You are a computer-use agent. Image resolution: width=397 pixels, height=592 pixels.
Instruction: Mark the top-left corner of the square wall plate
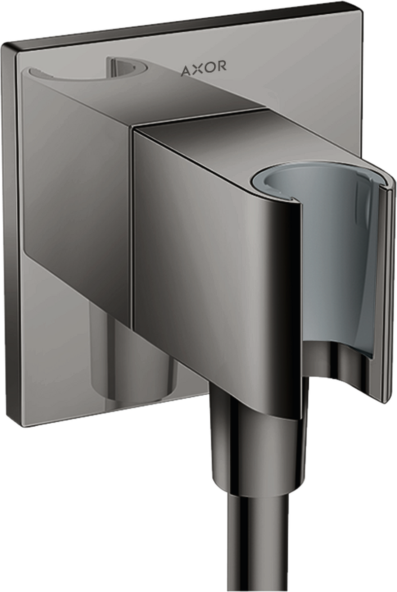tap(4, 45)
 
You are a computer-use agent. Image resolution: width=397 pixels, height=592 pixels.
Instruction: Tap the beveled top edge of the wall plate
tap(182, 25)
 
